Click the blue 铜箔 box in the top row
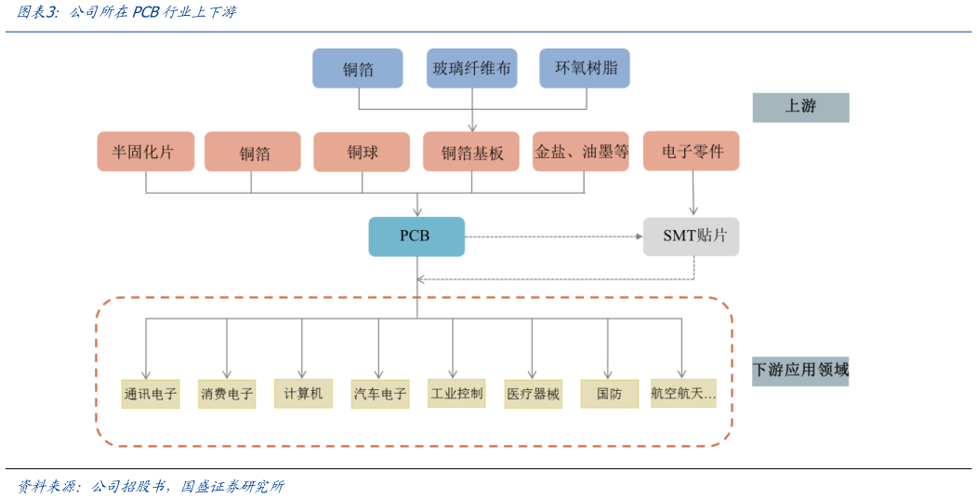(x=358, y=69)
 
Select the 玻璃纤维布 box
(x=471, y=69)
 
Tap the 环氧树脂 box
(x=585, y=68)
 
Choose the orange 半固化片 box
(x=145, y=152)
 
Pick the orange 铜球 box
(x=362, y=152)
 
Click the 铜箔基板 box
(x=472, y=152)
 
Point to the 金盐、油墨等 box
(x=581, y=152)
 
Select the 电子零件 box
(x=691, y=151)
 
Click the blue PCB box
(x=416, y=236)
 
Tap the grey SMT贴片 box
(x=691, y=236)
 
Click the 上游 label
(x=800, y=107)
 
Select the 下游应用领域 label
(x=800, y=371)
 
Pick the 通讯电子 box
(x=150, y=394)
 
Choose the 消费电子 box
(x=227, y=394)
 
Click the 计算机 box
(x=303, y=393)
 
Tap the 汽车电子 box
(x=380, y=394)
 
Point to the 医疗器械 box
(x=533, y=394)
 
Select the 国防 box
(x=609, y=394)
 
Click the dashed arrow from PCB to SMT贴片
(x=554, y=236)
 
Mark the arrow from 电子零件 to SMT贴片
(x=692, y=194)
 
